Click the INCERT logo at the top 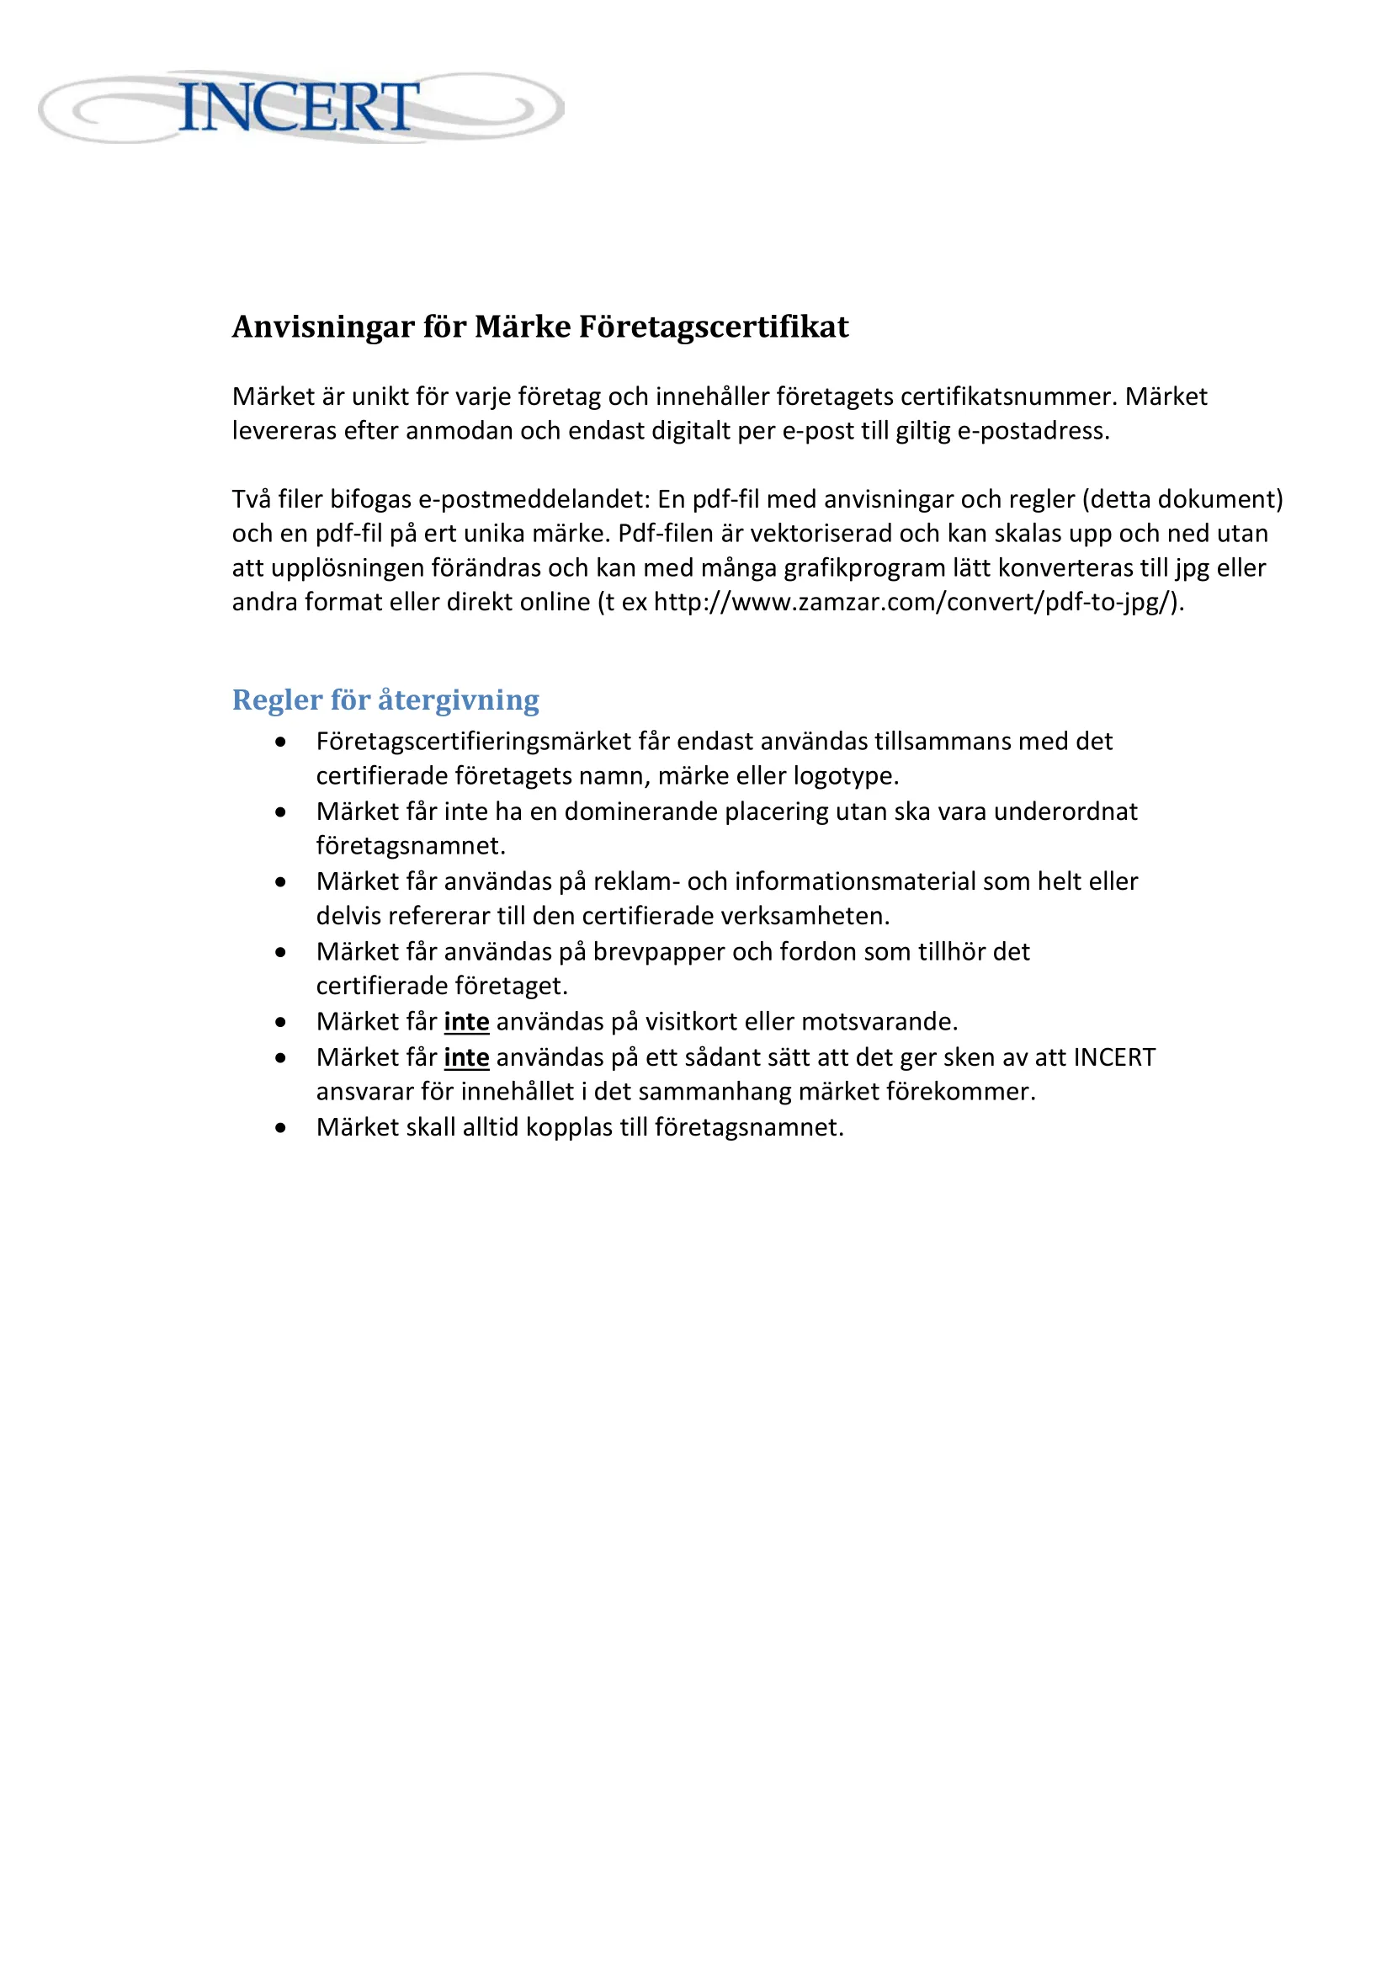point(300,107)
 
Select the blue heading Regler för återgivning point(385,700)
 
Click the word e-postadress point(1032,430)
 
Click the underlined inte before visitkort point(466,1021)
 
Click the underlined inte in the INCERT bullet point(466,1057)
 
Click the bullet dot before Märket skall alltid point(280,1128)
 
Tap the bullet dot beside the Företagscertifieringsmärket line point(280,742)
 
